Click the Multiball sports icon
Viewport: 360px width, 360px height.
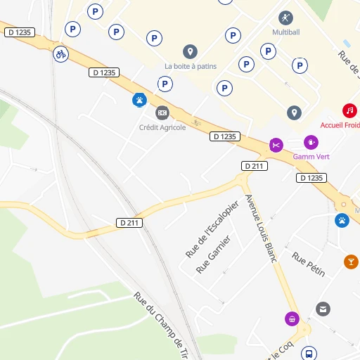pyautogui.click(x=285, y=18)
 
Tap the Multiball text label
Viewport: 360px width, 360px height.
pyautogui.click(x=285, y=32)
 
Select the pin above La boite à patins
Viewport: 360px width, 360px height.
pyautogui.click(x=190, y=51)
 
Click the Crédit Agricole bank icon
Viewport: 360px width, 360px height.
pyautogui.click(x=162, y=112)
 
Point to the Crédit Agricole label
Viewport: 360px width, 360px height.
pyautogui.click(x=162, y=127)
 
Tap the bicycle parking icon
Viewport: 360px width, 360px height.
pyautogui.click(x=61, y=53)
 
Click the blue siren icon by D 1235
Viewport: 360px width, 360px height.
pyautogui.click(x=140, y=100)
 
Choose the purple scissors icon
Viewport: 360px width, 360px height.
pyautogui.click(x=276, y=146)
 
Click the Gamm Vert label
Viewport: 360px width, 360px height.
pyautogui.click(x=311, y=156)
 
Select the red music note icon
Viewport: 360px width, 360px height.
pyautogui.click(x=349, y=110)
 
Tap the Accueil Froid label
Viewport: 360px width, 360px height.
pyautogui.click(x=340, y=124)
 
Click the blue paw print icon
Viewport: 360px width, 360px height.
pyautogui.click(x=342, y=220)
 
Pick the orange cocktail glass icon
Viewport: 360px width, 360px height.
pyautogui.click(x=351, y=262)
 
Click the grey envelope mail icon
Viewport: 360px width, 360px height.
pyautogui.click(x=323, y=309)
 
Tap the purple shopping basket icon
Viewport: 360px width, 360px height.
pyautogui.click(x=292, y=319)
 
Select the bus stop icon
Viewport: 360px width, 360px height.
pyautogui.click(x=308, y=353)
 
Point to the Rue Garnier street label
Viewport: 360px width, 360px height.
pyautogui.click(x=214, y=255)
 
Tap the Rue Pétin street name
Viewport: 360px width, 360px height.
pyautogui.click(x=309, y=264)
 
